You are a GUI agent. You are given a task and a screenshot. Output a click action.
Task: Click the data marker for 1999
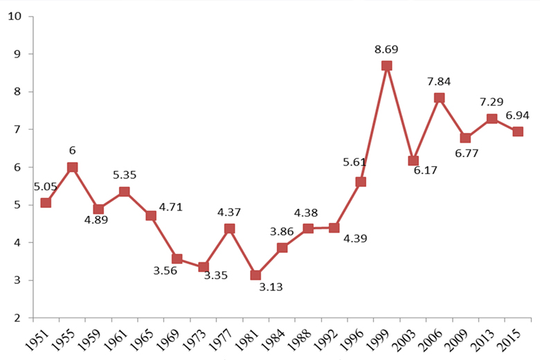tap(387, 66)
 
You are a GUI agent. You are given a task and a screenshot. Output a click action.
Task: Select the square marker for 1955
tap(73, 167)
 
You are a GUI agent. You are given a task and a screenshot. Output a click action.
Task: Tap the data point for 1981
tap(256, 276)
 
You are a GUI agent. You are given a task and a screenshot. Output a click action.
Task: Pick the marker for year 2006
tap(439, 98)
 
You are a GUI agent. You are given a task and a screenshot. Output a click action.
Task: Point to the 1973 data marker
tap(204, 267)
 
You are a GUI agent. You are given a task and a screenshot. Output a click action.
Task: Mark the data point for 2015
tap(518, 132)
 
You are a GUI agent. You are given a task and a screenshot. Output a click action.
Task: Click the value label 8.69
tap(387, 49)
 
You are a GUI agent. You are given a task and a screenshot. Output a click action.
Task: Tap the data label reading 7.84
tap(439, 82)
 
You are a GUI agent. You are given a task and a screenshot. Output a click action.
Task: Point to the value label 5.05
tap(46, 186)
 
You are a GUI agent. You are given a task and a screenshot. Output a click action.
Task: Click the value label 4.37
tap(229, 213)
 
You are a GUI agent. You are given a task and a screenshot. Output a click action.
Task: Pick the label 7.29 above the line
tap(492, 102)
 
